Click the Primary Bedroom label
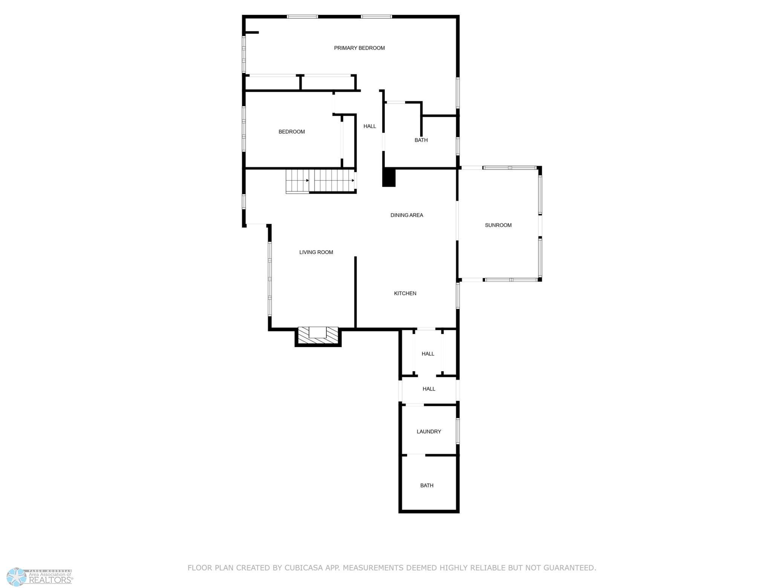click(359, 48)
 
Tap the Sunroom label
click(498, 225)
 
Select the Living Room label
click(316, 252)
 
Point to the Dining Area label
click(406, 215)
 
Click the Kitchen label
click(405, 293)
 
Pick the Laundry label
click(429, 432)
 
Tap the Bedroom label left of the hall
click(291, 132)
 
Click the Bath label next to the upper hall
click(421, 140)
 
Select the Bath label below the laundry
click(426, 485)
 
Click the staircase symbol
click(320, 181)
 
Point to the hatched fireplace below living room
click(318, 335)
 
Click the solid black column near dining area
click(389, 178)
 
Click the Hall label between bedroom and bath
click(369, 126)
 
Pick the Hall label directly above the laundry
click(429, 389)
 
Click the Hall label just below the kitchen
click(427, 354)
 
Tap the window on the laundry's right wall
click(458, 431)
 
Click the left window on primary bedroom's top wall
click(302, 17)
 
